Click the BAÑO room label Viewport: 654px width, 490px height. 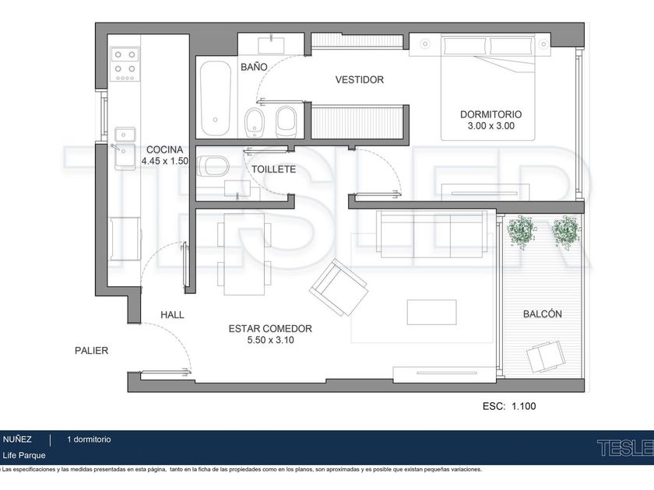point(254,67)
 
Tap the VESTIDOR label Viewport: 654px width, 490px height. point(360,79)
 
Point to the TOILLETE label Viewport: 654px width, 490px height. point(273,170)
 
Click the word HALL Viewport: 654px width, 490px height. point(172,314)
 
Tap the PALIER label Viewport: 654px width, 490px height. point(91,351)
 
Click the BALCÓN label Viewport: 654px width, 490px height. point(542,313)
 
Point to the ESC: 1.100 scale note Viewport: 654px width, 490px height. point(509,406)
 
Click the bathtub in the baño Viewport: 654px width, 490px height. point(215,99)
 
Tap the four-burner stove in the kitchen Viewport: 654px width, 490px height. point(125,64)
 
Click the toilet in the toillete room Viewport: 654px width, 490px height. point(213,166)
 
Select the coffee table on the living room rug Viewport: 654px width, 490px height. point(431,312)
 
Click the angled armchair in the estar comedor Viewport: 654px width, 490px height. point(339,288)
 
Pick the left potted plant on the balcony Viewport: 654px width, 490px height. point(521,230)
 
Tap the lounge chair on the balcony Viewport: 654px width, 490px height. point(546,356)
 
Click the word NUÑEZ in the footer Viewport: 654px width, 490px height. point(17,439)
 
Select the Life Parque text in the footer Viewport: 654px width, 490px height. point(24,455)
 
